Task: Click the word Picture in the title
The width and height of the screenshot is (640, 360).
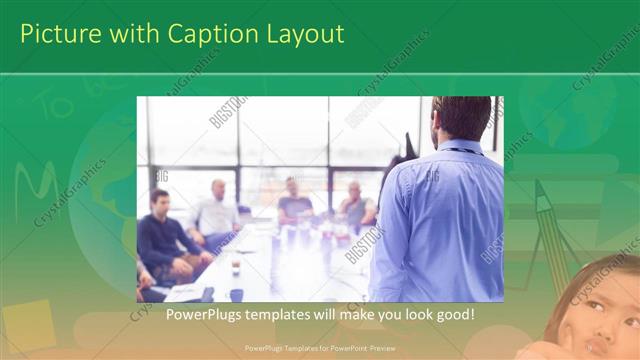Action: pos(58,34)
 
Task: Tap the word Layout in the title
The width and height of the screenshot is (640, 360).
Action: pos(304,34)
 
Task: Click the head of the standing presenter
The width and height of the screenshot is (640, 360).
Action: pos(461,119)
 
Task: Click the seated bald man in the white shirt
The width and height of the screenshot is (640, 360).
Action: pos(216,211)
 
